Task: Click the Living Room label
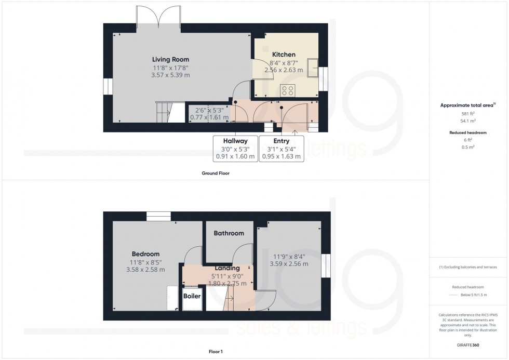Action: (x=170, y=59)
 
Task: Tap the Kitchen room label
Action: (x=284, y=55)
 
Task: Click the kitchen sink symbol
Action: (x=313, y=66)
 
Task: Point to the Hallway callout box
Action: (x=235, y=149)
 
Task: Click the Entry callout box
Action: (x=281, y=149)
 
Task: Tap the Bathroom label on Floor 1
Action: (x=229, y=233)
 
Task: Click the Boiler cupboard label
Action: (x=192, y=296)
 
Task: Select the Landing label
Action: (x=227, y=268)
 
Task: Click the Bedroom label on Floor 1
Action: (x=145, y=254)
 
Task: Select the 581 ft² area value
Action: (x=468, y=113)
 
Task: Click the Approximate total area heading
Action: (x=467, y=105)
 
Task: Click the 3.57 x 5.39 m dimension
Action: (x=170, y=75)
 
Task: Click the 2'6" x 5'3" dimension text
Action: (x=209, y=110)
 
